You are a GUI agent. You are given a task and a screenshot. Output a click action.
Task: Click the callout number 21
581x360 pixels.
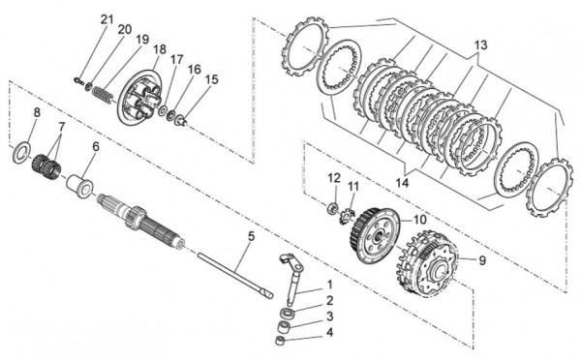pyautogui.click(x=107, y=19)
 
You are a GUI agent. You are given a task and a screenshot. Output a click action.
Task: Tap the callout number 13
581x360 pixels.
pyautogui.click(x=481, y=45)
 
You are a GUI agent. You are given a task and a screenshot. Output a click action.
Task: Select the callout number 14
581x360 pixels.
pyautogui.click(x=402, y=183)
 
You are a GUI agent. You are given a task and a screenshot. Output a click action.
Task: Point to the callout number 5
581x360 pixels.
pyautogui.click(x=251, y=236)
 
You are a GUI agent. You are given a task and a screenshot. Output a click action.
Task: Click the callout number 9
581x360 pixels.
pyautogui.click(x=481, y=260)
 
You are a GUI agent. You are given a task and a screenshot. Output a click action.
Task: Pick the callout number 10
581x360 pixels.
pyautogui.click(x=420, y=220)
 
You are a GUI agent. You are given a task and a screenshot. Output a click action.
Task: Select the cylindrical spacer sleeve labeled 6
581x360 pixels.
pyautogui.click(x=80, y=185)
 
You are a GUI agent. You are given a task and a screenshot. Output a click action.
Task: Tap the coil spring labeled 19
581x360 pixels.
pyautogui.click(x=102, y=96)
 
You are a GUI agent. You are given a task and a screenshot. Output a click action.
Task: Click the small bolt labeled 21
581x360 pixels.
pyautogui.click(x=79, y=80)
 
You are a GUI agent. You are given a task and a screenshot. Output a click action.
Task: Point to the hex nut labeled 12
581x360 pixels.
pyautogui.click(x=333, y=207)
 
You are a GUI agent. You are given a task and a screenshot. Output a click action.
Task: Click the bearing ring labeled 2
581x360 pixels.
pyautogui.click(x=288, y=314)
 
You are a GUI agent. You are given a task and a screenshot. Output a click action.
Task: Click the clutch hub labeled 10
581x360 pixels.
pyautogui.click(x=374, y=236)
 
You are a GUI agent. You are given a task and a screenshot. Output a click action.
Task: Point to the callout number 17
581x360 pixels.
pyautogui.click(x=177, y=59)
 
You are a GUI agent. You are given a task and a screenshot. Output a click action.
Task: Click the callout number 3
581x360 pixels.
pyautogui.click(x=329, y=316)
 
